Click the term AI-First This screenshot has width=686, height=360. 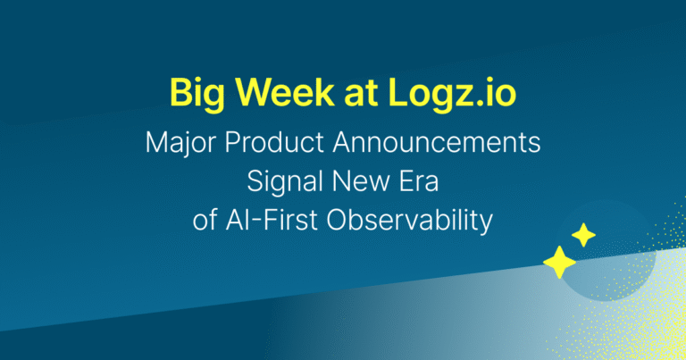click(267, 221)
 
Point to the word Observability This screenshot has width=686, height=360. click(406, 221)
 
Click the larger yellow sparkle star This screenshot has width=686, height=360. click(559, 262)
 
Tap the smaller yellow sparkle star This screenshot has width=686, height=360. click(583, 236)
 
